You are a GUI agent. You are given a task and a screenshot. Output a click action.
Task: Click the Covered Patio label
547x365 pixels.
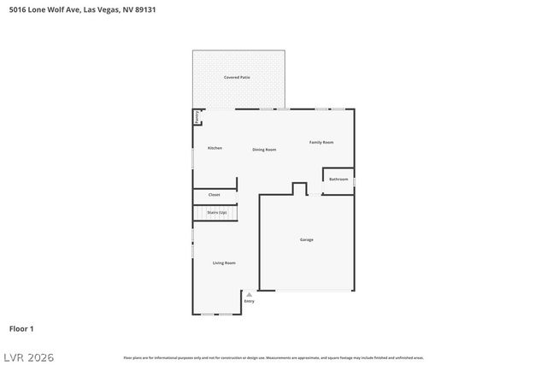click(237, 78)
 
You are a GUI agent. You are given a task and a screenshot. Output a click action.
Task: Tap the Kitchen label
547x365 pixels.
click(215, 148)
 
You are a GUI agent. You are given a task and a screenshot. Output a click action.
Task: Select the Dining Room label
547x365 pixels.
click(264, 150)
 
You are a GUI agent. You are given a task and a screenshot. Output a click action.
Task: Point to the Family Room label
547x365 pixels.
click(321, 142)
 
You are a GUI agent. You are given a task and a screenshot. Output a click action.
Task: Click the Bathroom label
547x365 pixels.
click(338, 180)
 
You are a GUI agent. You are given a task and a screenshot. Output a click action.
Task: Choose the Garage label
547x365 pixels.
click(306, 239)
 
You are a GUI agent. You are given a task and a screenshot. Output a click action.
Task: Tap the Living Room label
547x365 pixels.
click(224, 262)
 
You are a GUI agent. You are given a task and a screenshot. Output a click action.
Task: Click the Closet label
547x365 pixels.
click(214, 195)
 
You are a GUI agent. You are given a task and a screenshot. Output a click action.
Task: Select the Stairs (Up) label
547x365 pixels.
click(217, 212)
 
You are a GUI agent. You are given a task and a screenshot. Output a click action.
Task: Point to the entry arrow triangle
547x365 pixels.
click(249, 295)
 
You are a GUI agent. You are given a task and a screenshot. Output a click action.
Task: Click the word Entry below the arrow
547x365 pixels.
click(249, 302)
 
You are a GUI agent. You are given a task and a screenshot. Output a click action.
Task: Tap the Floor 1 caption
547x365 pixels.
click(21, 328)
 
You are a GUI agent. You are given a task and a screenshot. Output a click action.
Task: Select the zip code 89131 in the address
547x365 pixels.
click(144, 10)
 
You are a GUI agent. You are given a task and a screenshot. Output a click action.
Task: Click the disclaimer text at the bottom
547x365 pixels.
click(273, 357)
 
